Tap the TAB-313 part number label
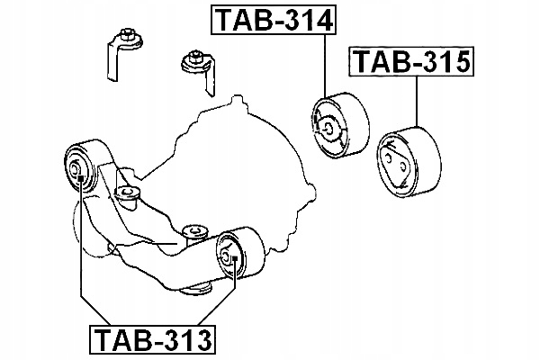pos(152,340)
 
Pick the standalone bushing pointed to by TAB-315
pos(409,161)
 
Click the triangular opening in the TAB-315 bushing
pos(396,166)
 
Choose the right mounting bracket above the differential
pos(199,71)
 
